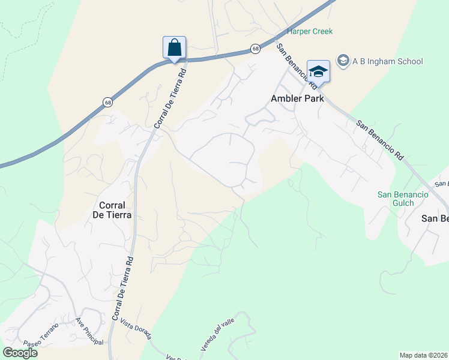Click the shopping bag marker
coord(174,48)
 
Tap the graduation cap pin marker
coord(318,71)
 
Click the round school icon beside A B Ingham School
coord(343,60)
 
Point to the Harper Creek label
coord(309,31)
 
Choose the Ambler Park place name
coord(297,98)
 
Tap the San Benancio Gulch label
coord(403,199)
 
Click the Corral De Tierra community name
coord(112,209)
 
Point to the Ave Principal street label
coord(89,331)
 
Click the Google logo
coord(20,353)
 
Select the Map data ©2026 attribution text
coord(423,355)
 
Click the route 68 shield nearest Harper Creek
coord(256,48)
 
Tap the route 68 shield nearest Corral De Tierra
coord(107,102)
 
